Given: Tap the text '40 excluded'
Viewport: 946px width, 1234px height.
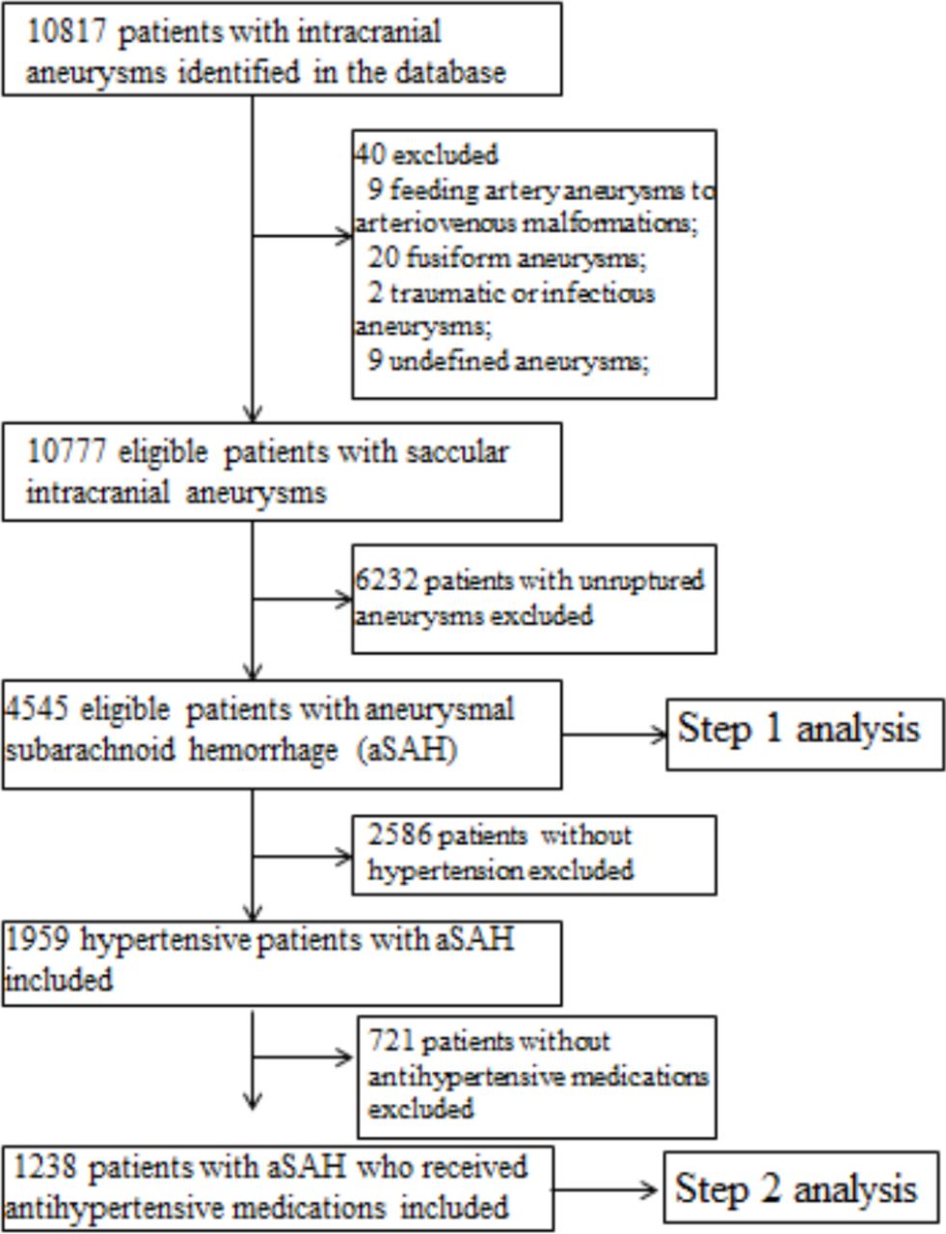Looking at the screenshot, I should (425, 154).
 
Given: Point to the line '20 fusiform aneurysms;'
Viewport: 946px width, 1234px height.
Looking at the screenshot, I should (506, 258).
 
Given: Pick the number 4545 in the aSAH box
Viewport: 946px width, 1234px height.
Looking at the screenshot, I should (38, 711).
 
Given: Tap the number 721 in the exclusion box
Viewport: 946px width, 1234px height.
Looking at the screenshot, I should (391, 1042).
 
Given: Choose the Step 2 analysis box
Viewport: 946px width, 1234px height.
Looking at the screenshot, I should (800, 1188).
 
